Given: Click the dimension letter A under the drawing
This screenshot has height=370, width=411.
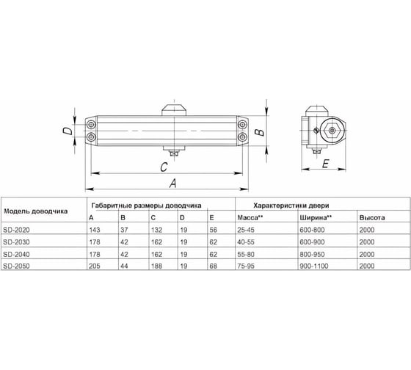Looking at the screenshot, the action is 172,183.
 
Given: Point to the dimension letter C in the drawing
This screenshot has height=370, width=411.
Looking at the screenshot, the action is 164,167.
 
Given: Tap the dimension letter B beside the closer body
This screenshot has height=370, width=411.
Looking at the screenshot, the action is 260,131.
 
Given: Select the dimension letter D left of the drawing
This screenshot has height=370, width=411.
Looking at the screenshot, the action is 68,131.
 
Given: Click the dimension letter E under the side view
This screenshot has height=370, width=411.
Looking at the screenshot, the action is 325,164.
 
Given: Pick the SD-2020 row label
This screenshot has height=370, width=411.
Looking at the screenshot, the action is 16,230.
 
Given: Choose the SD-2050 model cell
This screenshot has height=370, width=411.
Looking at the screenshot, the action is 16,266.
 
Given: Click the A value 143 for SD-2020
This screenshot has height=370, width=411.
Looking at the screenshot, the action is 95,230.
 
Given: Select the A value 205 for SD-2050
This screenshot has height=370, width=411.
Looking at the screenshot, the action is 95,266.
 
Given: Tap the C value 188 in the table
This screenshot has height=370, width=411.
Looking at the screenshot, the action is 156,266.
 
